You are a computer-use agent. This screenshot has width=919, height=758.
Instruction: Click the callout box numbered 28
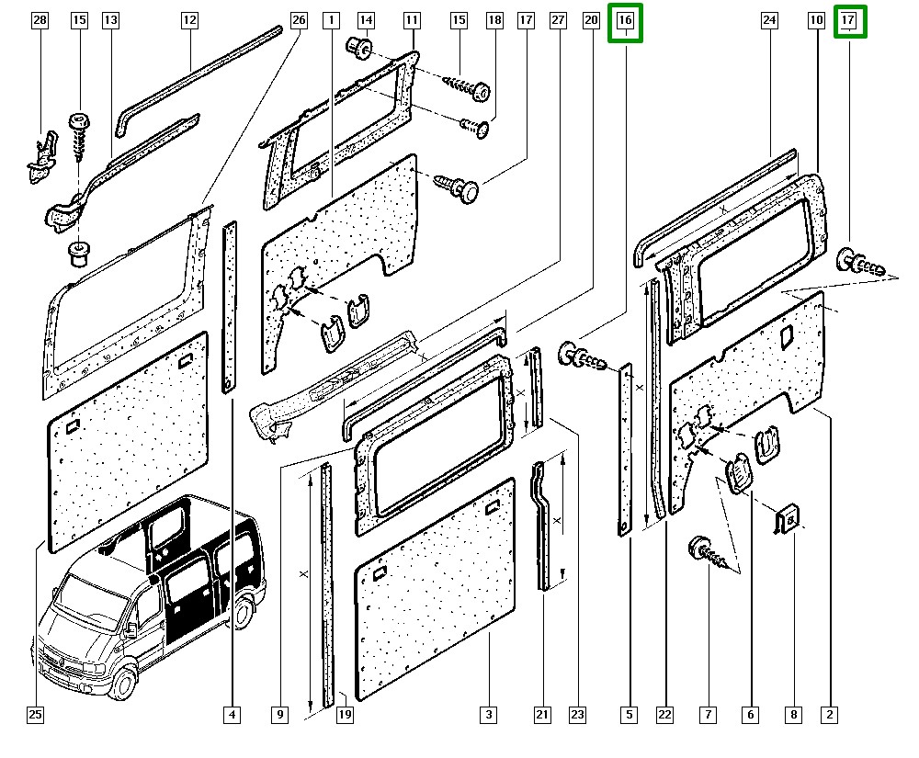[39, 19]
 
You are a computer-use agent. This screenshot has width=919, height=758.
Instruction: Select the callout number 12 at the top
[189, 19]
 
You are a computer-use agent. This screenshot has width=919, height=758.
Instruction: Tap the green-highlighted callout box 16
[626, 20]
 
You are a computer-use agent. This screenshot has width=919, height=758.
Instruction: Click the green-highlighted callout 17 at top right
[849, 20]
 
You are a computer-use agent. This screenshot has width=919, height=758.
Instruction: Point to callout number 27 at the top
[557, 19]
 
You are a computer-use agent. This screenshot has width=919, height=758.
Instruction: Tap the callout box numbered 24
[770, 19]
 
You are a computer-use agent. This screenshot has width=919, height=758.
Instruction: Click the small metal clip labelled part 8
[788, 519]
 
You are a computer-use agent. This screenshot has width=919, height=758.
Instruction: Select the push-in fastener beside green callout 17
[862, 266]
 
